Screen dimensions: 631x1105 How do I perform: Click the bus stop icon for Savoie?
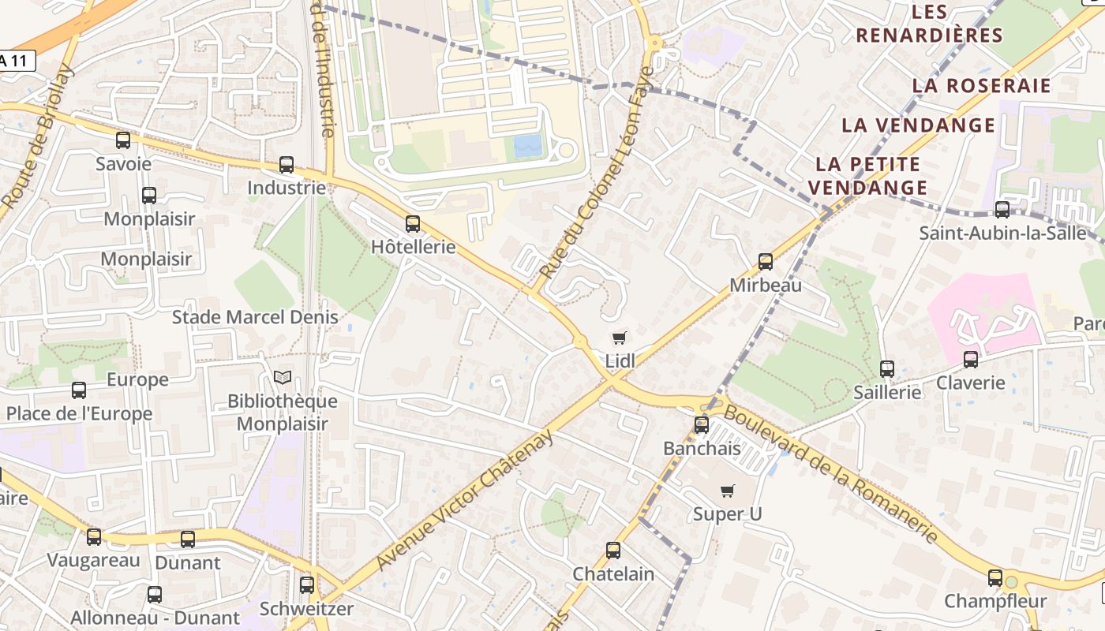pyautogui.click(x=123, y=140)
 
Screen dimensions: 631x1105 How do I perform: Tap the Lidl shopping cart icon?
pyautogui.click(x=620, y=338)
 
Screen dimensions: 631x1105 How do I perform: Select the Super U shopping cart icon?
pyautogui.click(x=728, y=491)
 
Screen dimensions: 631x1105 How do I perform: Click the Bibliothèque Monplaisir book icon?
pyautogui.click(x=283, y=378)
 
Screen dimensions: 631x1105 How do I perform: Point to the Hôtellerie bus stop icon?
pyautogui.click(x=413, y=224)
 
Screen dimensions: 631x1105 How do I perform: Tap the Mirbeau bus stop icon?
pyautogui.click(x=766, y=262)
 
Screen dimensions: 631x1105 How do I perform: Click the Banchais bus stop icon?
pyautogui.click(x=702, y=425)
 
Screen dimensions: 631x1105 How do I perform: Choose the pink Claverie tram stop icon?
pyautogui.click(x=971, y=360)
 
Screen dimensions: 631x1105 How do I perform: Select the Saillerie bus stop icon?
pyautogui.click(x=887, y=369)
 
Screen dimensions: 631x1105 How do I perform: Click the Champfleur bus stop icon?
pyautogui.click(x=995, y=578)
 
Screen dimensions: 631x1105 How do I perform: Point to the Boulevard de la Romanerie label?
pyautogui.click(x=832, y=473)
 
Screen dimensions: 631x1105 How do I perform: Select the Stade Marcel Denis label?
pyautogui.click(x=255, y=317)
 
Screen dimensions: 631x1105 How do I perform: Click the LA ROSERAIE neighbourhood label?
pyautogui.click(x=981, y=86)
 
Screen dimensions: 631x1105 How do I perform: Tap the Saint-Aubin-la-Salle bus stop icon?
pyautogui.click(x=1002, y=210)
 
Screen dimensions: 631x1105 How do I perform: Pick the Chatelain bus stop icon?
pyautogui.click(x=613, y=551)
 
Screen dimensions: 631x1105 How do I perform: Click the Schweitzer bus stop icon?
pyautogui.click(x=307, y=585)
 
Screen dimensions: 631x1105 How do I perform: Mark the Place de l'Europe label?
pyautogui.click(x=79, y=414)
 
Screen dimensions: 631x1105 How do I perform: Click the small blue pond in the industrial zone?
pyautogui.click(x=527, y=146)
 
